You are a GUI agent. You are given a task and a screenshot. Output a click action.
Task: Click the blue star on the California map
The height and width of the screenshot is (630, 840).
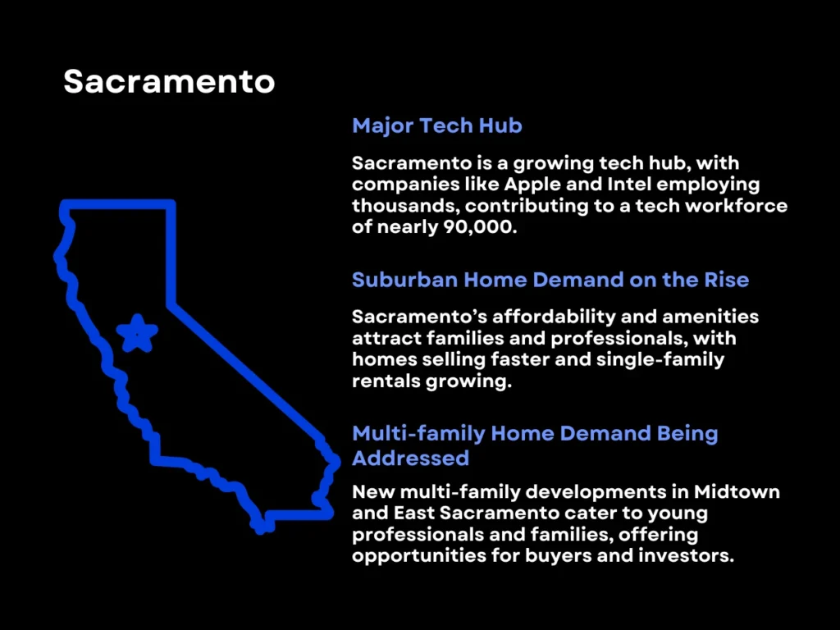pos(136,334)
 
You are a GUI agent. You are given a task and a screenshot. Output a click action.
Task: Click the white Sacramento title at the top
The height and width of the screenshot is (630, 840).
pos(169,81)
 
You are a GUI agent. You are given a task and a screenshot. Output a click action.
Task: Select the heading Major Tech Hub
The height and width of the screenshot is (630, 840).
pos(436,126)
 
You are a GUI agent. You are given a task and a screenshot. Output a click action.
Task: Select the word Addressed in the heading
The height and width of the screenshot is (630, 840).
pos(410,457)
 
